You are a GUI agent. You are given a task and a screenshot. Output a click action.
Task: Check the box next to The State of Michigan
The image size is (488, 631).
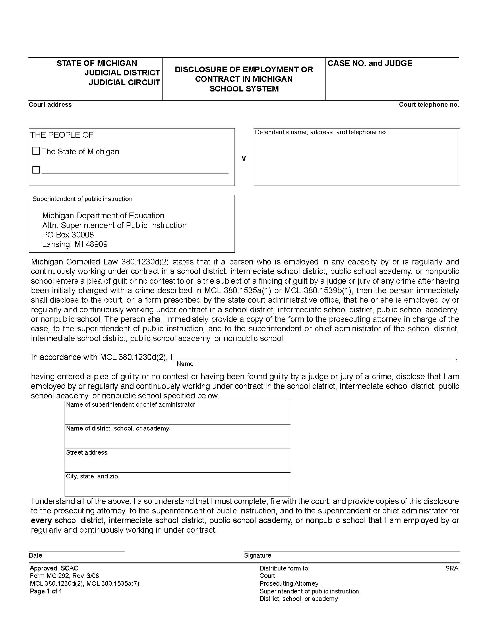tap(36, 151)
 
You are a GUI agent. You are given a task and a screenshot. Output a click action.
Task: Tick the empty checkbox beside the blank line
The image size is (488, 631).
tap(36, 170)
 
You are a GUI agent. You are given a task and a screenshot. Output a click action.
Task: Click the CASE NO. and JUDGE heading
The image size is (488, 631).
tap(370, 63)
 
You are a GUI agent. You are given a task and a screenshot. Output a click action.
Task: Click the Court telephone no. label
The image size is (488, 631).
tap(429, 105)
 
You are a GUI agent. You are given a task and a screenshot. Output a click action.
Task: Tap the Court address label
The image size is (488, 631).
tap(50, 105)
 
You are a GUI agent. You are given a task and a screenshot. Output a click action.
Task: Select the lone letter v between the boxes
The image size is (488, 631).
tap(244, 158)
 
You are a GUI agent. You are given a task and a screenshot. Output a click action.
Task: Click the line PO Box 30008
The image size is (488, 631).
tap(68, 235)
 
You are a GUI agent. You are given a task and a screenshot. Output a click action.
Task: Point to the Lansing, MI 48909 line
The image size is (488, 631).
tap(75, 244)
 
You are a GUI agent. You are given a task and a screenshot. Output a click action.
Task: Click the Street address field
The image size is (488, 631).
tap(177, 461)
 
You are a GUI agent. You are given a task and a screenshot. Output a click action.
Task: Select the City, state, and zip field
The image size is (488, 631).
tap(177, 484)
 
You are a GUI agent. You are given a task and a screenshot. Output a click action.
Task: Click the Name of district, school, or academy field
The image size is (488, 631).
tap(177, 437)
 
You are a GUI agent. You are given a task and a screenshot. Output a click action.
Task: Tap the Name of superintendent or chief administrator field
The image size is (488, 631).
tap(177, 412)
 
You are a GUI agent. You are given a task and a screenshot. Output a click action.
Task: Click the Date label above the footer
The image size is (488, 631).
tap(35, 555)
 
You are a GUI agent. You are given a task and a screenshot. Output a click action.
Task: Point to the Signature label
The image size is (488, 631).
tap(257, 555)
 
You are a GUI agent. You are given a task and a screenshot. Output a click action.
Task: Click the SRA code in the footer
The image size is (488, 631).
tap(452, 568)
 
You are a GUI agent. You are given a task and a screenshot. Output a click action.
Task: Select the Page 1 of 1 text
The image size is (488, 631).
tap(46, 591)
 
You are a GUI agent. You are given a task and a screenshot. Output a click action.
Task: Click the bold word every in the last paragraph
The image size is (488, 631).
tap(41, 520)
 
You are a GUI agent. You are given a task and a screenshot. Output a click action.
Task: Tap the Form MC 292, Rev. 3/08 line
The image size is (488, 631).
tap(64, 576)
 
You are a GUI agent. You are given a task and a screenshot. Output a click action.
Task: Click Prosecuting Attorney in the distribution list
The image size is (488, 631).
tap(288, 583)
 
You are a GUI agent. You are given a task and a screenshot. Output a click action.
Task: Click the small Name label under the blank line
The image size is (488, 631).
tap(185, 364)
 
